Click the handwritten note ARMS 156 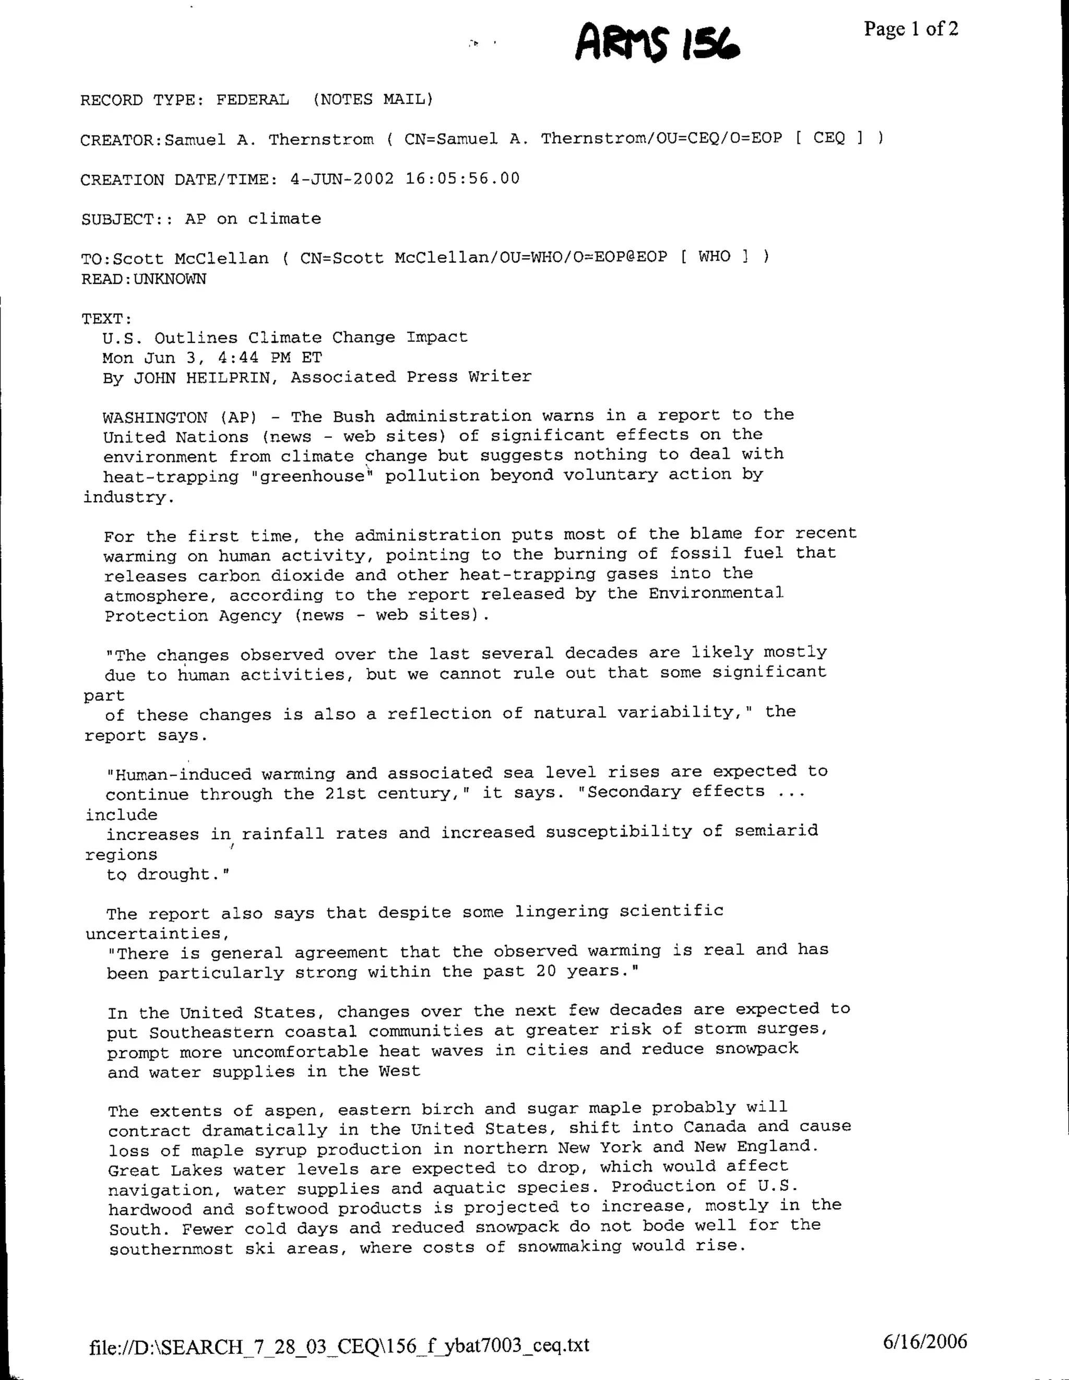click(657, 42)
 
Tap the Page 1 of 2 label click(911, 29)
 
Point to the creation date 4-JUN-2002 click(342, 179)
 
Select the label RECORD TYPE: click(142, 100)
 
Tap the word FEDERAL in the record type click(253, 100)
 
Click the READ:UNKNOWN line click(144, 279)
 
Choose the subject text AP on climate click(253, 219)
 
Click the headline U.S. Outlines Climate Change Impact click(285, 337)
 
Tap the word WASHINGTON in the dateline click(156, 418)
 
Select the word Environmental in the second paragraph click(716, 593)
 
